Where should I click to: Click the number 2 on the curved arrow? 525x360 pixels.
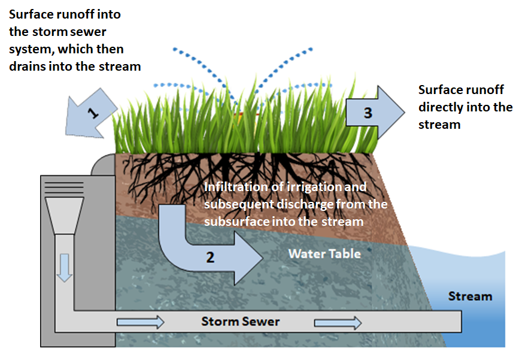(210, 258)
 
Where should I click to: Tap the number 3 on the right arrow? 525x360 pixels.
(368, 112)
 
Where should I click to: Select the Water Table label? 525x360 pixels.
(324, 253)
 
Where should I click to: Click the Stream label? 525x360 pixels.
(470, 296)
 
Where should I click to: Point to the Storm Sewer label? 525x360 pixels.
(240, 322)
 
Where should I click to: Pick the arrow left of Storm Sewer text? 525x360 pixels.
(140, 322)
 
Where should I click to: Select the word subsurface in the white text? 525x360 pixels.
(233, 221)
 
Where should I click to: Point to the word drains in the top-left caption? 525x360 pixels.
(28, 66)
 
